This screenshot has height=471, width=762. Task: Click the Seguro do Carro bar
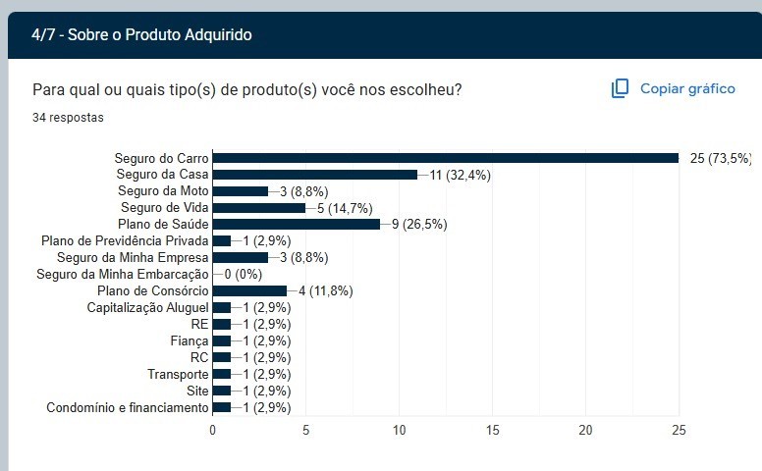click(x=445, y=158)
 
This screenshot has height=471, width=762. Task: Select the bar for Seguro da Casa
click(x=314, y=175)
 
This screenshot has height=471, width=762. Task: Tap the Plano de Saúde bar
click(x=296, y=224)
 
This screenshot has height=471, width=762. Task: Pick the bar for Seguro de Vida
click(x=258, y=208)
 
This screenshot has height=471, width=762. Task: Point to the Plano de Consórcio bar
click(x=249, y=290)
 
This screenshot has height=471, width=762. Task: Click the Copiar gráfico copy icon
click(x=620, y=89)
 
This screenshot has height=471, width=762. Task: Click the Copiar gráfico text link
click(x=687, y=89)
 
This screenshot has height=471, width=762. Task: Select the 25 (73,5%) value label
click(x=721, y=158)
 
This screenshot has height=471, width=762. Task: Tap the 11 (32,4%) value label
click(x=460, y=175)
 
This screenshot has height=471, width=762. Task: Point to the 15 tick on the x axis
click(x=493, y=430)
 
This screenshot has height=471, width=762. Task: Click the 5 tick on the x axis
click(x=306, y=430)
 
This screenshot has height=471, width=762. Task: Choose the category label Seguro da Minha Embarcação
click(x=123, y=274)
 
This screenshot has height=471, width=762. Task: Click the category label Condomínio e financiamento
click(x=128, y=407)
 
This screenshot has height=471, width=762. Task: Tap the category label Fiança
click(x=190, y=340)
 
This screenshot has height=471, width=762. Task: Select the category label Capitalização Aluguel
click(x=147, y=307)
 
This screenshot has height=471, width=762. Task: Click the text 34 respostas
click(x=68, y=118)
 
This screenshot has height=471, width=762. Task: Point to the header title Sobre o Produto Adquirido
click(x=141, y=35)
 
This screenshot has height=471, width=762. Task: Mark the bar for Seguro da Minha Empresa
click(x=240, y=257)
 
